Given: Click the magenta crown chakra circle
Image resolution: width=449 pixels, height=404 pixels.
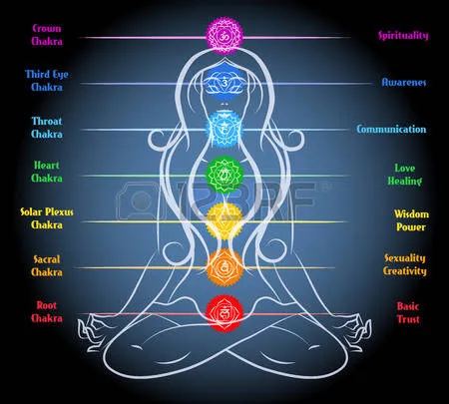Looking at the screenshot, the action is pos(224,36).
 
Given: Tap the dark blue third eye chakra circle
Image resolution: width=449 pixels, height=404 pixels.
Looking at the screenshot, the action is pos(224,82).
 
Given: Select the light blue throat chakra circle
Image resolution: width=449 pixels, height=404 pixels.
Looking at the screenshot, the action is pos(224,129).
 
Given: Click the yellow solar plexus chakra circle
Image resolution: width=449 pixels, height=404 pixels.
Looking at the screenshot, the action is pos(224,221).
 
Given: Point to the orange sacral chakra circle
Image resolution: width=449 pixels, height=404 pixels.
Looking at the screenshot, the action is pos(224,267).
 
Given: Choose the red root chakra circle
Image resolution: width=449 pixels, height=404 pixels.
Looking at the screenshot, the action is pos(224,313).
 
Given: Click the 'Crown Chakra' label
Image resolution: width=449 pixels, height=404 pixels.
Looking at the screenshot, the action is pos(47,35).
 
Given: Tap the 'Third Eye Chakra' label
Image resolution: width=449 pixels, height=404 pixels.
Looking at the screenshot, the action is pos(47,81).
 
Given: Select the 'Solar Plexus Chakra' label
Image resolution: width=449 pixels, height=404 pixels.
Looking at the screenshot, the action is pos(47,218).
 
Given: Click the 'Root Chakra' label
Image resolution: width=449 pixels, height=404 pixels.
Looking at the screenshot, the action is pos(47,312).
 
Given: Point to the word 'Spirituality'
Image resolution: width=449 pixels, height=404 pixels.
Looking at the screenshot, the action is pos(403,35).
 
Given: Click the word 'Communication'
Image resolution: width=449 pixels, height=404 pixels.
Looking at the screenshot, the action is pos(391,129).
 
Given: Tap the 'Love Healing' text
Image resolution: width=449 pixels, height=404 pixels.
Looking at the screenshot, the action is pos(405,175).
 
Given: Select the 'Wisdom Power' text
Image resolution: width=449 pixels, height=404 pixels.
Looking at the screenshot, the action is pos(411,220).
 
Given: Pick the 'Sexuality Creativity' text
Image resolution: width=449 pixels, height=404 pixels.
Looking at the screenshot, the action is pos(405,265).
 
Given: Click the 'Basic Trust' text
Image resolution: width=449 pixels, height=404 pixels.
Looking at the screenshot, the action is pos(408,313).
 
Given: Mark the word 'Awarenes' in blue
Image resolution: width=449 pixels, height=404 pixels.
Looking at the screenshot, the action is pos(404,82).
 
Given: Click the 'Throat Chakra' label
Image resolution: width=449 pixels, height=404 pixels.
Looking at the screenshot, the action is pos(47,128).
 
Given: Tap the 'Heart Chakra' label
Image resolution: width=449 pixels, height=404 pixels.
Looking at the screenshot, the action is pos(47,172).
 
